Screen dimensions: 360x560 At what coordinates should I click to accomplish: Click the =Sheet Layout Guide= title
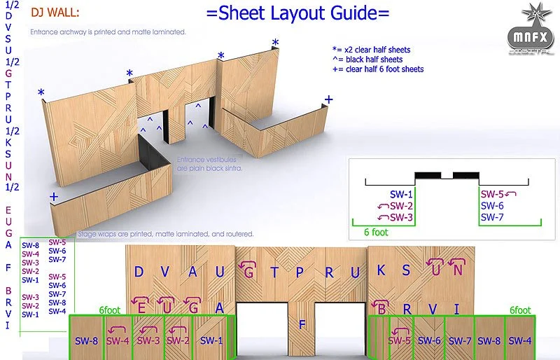tap(298, 14)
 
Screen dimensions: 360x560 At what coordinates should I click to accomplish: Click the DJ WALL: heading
tap(55, 12)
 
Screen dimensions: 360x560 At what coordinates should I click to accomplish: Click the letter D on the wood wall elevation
tap(139, 272)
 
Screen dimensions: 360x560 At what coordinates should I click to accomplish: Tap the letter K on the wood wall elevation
tap(381, 270)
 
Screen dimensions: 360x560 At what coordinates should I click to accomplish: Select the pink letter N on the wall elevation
tap(457, 268)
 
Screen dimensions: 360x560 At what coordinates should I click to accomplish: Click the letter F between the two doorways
tap(302, 324)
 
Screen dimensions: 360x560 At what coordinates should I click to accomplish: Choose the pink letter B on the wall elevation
tap(382, 308)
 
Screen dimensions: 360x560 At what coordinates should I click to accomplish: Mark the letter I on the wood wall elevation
tap(456, 308)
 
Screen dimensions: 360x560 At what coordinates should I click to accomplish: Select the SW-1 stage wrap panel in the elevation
tap(211, 340)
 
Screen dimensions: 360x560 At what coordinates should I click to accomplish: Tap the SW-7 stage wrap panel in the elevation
tap(459, 341)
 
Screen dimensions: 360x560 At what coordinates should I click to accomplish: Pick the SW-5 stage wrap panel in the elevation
tap(400, 341)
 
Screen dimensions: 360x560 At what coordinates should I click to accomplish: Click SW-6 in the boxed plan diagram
tap(492, 206)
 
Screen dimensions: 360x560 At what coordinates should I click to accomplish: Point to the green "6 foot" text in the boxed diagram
tap(375, 231)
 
